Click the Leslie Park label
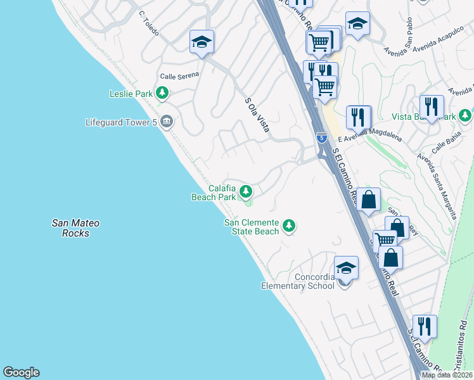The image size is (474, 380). pos(131,94)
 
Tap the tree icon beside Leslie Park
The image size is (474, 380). pos(163,94)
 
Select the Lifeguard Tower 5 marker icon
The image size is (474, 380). pos(167,121)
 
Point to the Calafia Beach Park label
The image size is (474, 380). pos(214,193)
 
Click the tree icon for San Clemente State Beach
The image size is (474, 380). pos(289,225)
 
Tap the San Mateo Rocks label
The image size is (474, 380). pos(75,228)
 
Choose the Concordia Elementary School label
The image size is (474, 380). pos(298,281)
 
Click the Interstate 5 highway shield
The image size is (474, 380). pos(322,137)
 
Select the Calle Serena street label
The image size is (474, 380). pos(179,75)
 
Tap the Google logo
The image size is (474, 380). pos(21,372)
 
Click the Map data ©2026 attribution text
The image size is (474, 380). pos(447,375)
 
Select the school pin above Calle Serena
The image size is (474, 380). pos(202,42)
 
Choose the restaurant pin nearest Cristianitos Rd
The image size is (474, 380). pos(425,327)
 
